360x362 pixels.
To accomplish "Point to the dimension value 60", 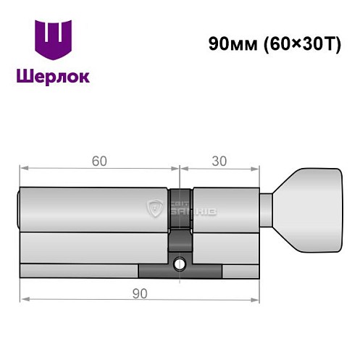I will pos(98,160).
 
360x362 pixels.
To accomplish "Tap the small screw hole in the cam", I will pos(179,265).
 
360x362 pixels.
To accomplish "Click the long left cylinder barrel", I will pos(94,210).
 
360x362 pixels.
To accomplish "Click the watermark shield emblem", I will pos(154,209).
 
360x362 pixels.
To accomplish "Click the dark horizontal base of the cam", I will pos(180,274).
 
